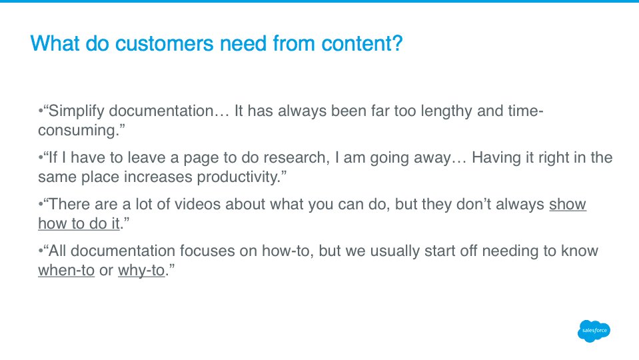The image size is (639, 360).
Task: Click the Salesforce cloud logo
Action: pyautogui.click(x=594, y=331)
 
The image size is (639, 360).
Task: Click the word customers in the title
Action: pyautogui.click(x=164, y=43)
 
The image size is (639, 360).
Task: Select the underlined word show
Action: pyautogui.click(x=567, y=204)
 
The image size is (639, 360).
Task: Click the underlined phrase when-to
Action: pyautogui.click(x=66, y=270)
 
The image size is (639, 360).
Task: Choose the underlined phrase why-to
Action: pyautogui.click(x=141, y=271)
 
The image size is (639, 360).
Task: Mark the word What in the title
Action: pyautogui.click(x=55, y=43)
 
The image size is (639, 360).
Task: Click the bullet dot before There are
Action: pyautogui.click(x=41, y=204)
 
